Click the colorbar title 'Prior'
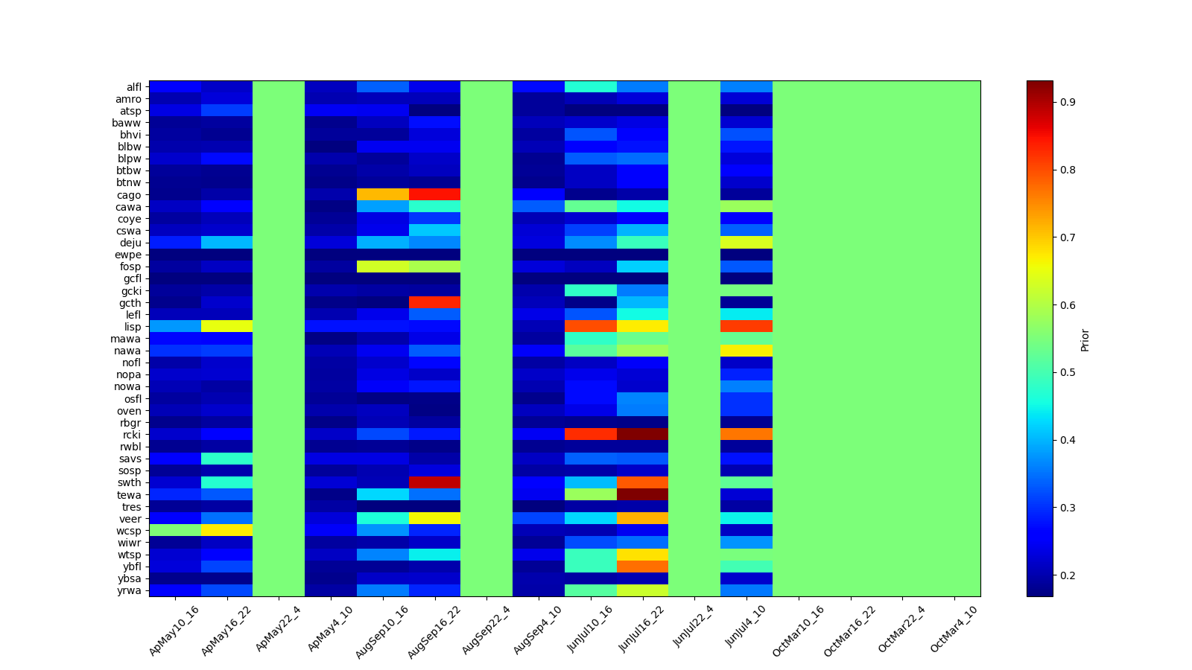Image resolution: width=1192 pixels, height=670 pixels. (x=1085, y=339)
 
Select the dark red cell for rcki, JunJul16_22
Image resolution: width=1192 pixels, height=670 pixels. (x=642, y=435)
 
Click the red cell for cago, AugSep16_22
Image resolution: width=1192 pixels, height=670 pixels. (x=434, y=195)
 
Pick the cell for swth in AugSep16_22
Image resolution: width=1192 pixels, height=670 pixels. (x=434, y=482)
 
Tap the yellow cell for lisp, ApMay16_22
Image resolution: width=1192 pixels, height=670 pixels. (x=226, y=327)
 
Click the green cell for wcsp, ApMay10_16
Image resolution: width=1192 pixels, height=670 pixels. (x=175, y=531)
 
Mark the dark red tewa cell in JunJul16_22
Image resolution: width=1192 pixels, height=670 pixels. (x=642, y=495)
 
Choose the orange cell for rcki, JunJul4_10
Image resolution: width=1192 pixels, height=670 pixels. (x=746, y=435)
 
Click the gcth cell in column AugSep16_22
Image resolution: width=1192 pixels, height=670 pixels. (x=434, y=303)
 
